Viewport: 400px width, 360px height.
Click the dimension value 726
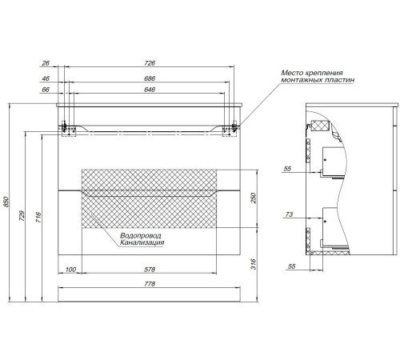(150, 63)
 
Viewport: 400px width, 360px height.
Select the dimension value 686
(150, 78)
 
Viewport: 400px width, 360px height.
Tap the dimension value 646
(150, 90)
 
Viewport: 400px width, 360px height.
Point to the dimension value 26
(46, 63)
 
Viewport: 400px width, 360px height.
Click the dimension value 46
(46, 78)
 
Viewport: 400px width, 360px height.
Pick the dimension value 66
(46, 90)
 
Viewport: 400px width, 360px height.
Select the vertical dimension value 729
(22, 216)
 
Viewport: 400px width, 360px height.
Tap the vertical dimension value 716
(38, 218)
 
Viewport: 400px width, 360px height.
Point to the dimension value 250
(253, 198)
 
